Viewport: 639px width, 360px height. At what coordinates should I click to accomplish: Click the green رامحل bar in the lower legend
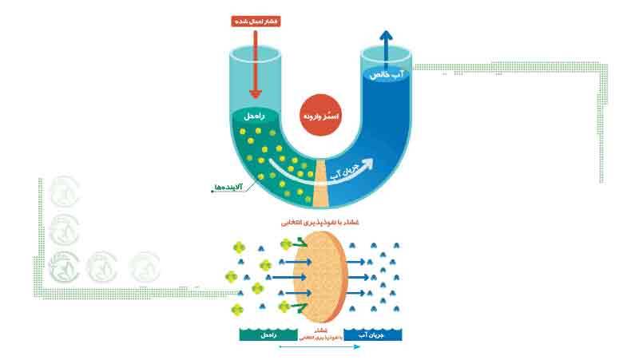point(268,334)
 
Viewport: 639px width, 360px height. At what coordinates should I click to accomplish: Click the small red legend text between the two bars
point(321,334)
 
